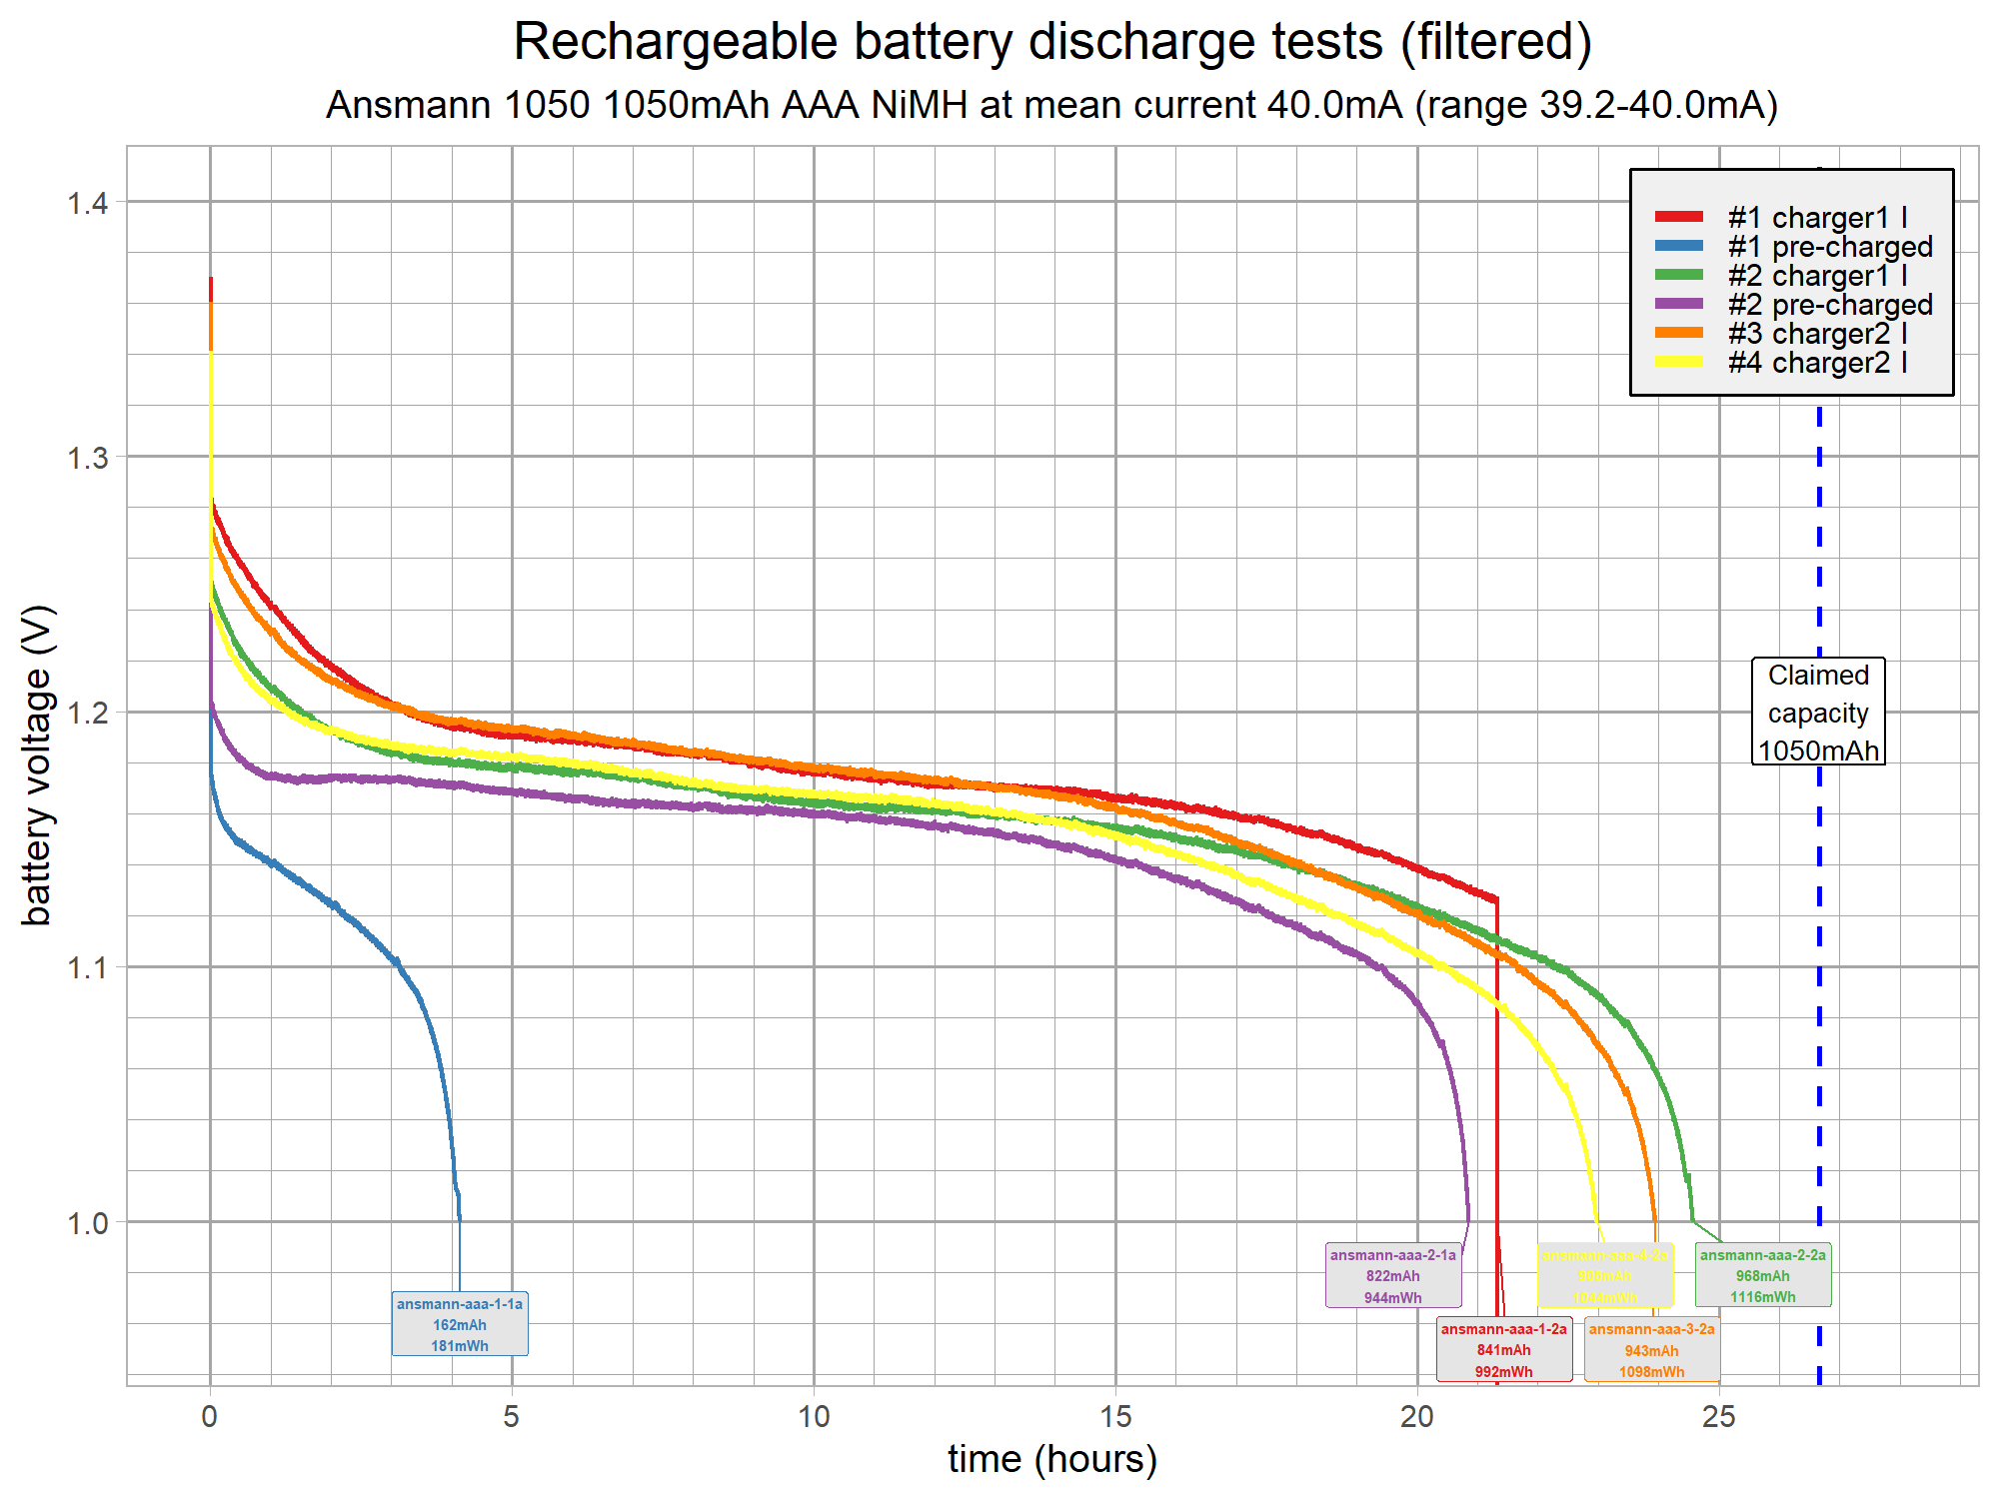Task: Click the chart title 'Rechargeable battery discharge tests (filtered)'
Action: point(1051,42)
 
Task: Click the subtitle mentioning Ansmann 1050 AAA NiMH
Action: point(1051,105)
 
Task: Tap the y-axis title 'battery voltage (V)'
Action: point(37,764)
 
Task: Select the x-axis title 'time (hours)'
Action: point(1051,1459)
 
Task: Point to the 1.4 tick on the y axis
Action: point(87,204)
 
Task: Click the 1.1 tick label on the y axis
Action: point(87,967)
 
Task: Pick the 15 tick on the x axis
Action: point(1115,1417)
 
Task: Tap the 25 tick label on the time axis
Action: point(1719,1417)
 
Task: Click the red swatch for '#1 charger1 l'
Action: point(1679,217)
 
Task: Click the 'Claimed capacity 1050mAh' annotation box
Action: point(1818,712)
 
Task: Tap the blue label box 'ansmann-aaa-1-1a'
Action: point(460,1324)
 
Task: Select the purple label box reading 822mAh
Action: point(1393,1276)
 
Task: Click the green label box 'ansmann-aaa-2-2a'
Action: point(1763,1276)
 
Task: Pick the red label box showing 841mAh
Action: point(1504,1350)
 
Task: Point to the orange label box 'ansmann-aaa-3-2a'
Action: point(1651,1350)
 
